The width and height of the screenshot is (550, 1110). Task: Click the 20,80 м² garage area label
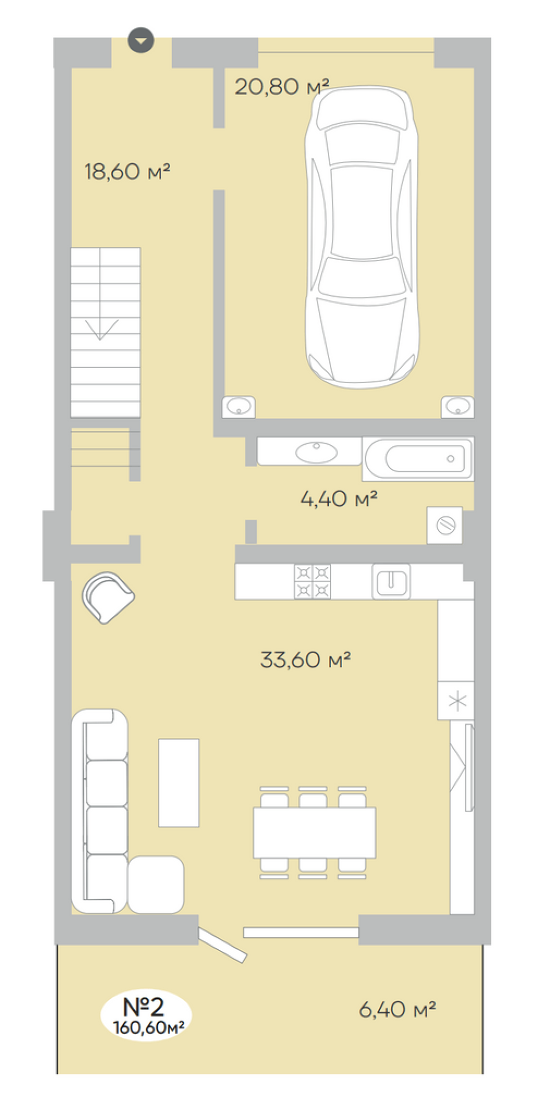coord(282,86)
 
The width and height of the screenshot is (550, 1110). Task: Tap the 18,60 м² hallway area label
coord(127,172)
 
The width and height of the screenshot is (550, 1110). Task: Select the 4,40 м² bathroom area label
coord(339,499)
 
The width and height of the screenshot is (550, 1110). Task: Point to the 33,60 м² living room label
coord(305,659)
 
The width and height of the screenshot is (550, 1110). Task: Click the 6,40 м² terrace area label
coord(397,1009)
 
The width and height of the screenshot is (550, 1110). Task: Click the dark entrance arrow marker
coord(141,40)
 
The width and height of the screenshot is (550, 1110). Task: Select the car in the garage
coord(361,237)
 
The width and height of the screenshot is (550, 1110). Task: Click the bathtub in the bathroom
coord(418,459)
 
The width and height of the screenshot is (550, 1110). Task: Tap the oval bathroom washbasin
coord(316,452)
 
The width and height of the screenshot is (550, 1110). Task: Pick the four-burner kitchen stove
coord(312,581)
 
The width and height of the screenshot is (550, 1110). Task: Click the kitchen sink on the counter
coord(391,581)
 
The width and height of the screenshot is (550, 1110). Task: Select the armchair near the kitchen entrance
coord(108,597)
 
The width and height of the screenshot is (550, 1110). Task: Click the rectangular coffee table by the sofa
coord(179,782)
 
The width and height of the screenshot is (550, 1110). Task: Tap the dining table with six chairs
coord(314,832)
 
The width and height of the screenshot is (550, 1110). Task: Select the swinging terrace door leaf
coord(222,945)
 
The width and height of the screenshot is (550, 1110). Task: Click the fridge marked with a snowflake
coord(456,700)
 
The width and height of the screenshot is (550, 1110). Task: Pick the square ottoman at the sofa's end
coord(156,885)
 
